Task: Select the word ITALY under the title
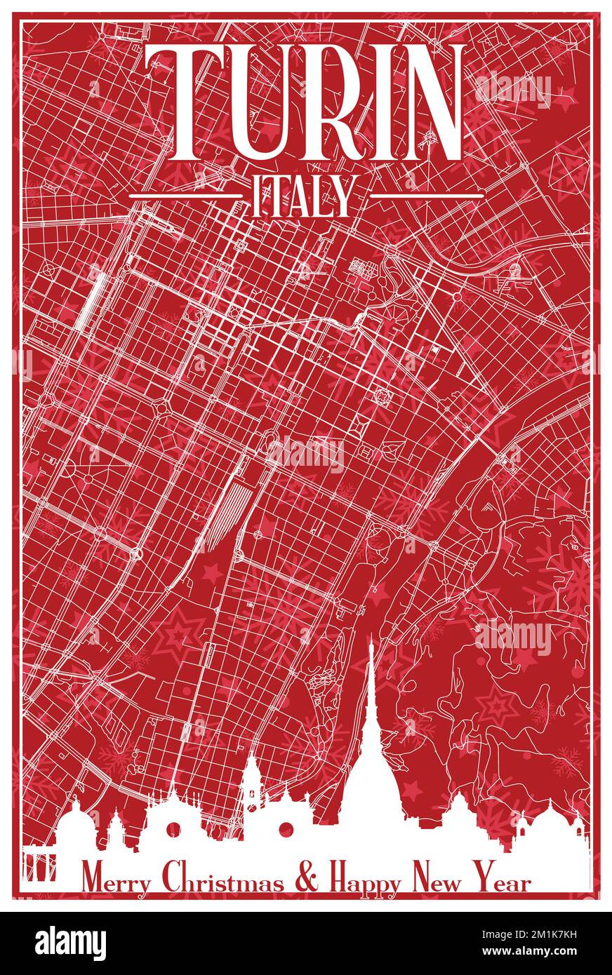[302, 194]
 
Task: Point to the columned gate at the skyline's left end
[40, 864]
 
